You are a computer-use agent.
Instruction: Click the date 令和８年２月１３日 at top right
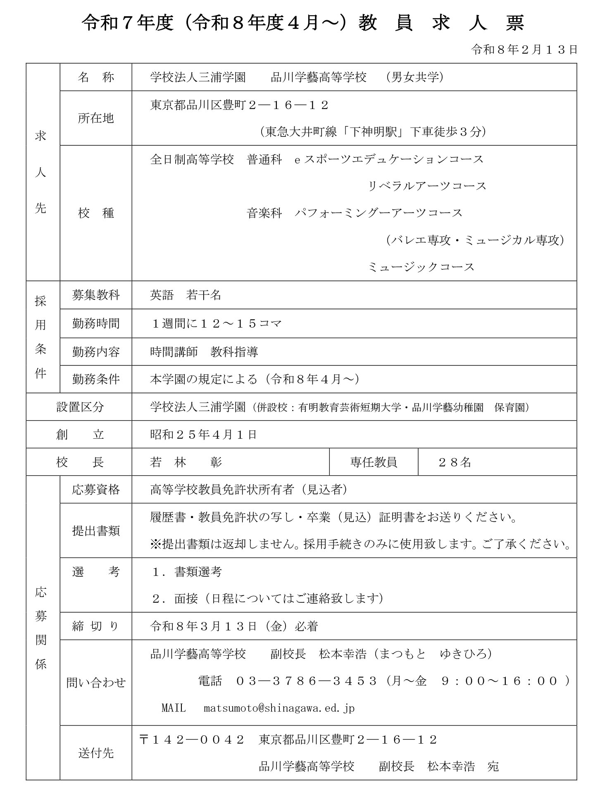pos(524,50)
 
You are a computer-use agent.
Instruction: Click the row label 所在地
pos(95,119)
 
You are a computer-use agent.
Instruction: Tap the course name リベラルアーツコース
pos(427,186)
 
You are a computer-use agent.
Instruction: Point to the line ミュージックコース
pos(421,267)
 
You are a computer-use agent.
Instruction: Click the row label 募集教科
pos(95,295)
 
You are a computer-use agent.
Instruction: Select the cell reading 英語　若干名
pos(186,295)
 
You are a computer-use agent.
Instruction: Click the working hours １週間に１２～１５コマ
pos(217,323)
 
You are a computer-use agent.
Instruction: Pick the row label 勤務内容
pos(95,352)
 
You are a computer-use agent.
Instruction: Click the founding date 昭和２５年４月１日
pos(203,435)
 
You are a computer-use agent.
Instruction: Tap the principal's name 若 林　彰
pos(186,462)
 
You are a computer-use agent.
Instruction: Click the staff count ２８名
pos(455,462)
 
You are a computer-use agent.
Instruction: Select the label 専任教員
pos(374,462)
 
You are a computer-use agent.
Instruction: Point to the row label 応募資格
pos(95,490)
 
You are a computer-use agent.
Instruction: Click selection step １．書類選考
pos(187,572)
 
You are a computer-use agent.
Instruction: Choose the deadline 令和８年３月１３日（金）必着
pos(234,626)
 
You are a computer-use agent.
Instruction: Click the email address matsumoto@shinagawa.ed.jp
pos(279,708)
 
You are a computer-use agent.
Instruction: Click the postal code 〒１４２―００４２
pos(192,740)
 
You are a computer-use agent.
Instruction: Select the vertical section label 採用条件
pos(40,337)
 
